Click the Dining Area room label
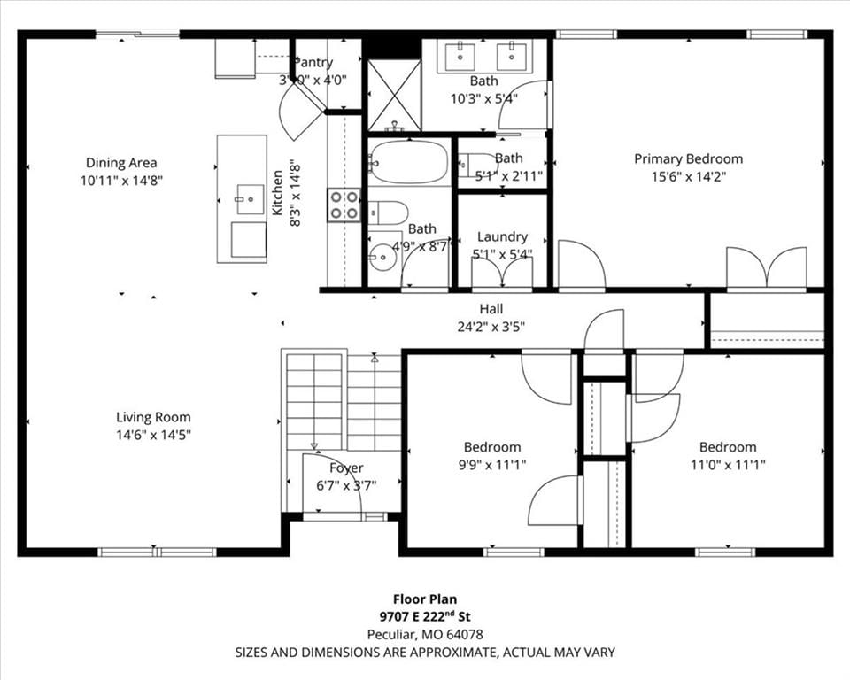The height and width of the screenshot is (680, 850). click(121, 162)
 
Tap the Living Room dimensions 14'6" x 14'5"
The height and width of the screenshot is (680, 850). click(153, 435)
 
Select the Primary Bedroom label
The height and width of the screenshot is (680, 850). click(689, 158)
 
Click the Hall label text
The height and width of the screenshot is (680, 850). click(491, 309)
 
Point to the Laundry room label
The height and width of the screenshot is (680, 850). click(502, 236)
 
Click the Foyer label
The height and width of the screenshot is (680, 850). click(346, 468)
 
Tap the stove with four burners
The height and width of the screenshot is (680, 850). click(344, 205)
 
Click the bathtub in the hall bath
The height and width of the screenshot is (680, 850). click(409, 162)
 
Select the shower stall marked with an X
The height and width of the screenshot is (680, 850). click(394, 95)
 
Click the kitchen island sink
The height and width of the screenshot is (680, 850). click(250, 199)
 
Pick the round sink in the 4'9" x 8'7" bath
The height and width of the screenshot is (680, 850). click(383, 256)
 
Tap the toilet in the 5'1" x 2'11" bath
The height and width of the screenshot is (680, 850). click(476, 164)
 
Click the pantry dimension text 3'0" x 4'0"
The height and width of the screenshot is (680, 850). click(313, 81)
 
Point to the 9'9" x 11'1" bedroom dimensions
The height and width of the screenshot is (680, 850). click(492, 465)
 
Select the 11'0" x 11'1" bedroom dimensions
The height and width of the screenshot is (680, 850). click(728, 465)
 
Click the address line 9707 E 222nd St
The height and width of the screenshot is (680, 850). click(425, 616)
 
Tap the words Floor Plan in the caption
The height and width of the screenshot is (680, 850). click(425, 599)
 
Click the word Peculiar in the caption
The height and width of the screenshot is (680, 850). click(390, 635)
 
